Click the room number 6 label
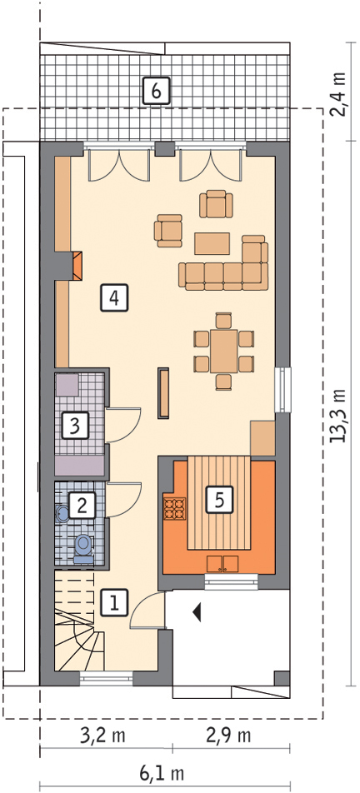156,91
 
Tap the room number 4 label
114,298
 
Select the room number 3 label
75,425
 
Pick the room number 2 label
82,505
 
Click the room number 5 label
218,499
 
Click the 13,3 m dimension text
338,416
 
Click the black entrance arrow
197,613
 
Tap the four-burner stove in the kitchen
174,508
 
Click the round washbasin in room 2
62,514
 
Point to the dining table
223,352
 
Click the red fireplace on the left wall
77,265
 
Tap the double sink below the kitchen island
222,563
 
